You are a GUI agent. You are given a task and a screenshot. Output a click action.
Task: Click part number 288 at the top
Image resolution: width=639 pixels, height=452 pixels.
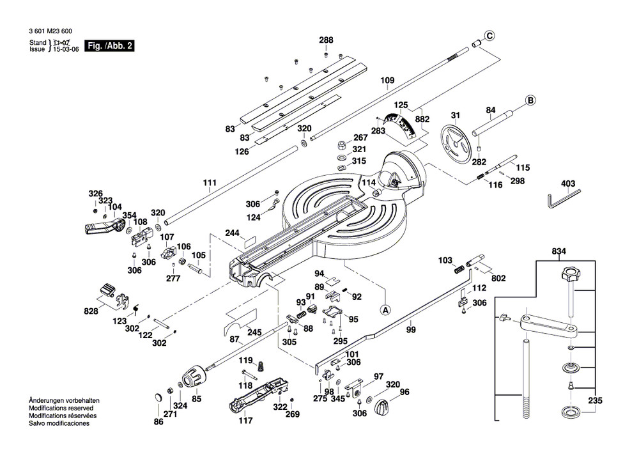326,40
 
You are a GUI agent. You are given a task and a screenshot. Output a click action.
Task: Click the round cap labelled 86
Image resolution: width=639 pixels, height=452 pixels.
157,398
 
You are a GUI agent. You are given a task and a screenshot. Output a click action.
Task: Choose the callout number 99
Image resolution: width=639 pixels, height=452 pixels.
410,330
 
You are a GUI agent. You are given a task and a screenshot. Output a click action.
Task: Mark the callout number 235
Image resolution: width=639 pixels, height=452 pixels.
595,401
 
